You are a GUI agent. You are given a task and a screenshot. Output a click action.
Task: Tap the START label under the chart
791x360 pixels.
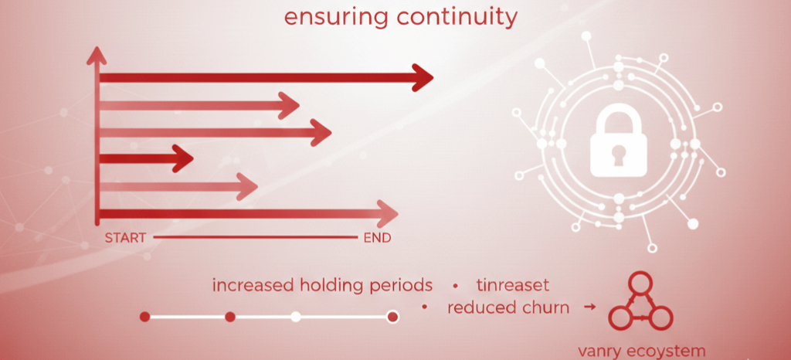pos(125,238)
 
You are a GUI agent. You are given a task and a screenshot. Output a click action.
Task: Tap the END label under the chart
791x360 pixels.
pos(377,238)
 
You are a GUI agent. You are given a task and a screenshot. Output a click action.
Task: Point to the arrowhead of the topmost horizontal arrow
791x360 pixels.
pos(423,77)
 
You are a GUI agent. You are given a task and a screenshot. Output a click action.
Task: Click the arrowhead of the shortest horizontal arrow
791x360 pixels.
pos(183,160)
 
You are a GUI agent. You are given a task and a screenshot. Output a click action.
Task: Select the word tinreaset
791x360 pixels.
pos(513,285)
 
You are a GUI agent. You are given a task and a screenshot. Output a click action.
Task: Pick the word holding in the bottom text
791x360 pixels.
pos(339,285)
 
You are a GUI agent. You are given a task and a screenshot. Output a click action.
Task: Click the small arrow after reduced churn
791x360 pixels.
pos(589,307)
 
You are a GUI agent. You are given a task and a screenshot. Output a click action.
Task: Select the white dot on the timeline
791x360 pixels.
pos(296,317)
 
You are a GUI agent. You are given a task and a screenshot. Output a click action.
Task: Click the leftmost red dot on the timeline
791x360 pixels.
pos(144,317)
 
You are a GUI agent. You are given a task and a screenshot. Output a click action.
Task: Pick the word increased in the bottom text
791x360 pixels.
pos(251,285)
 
